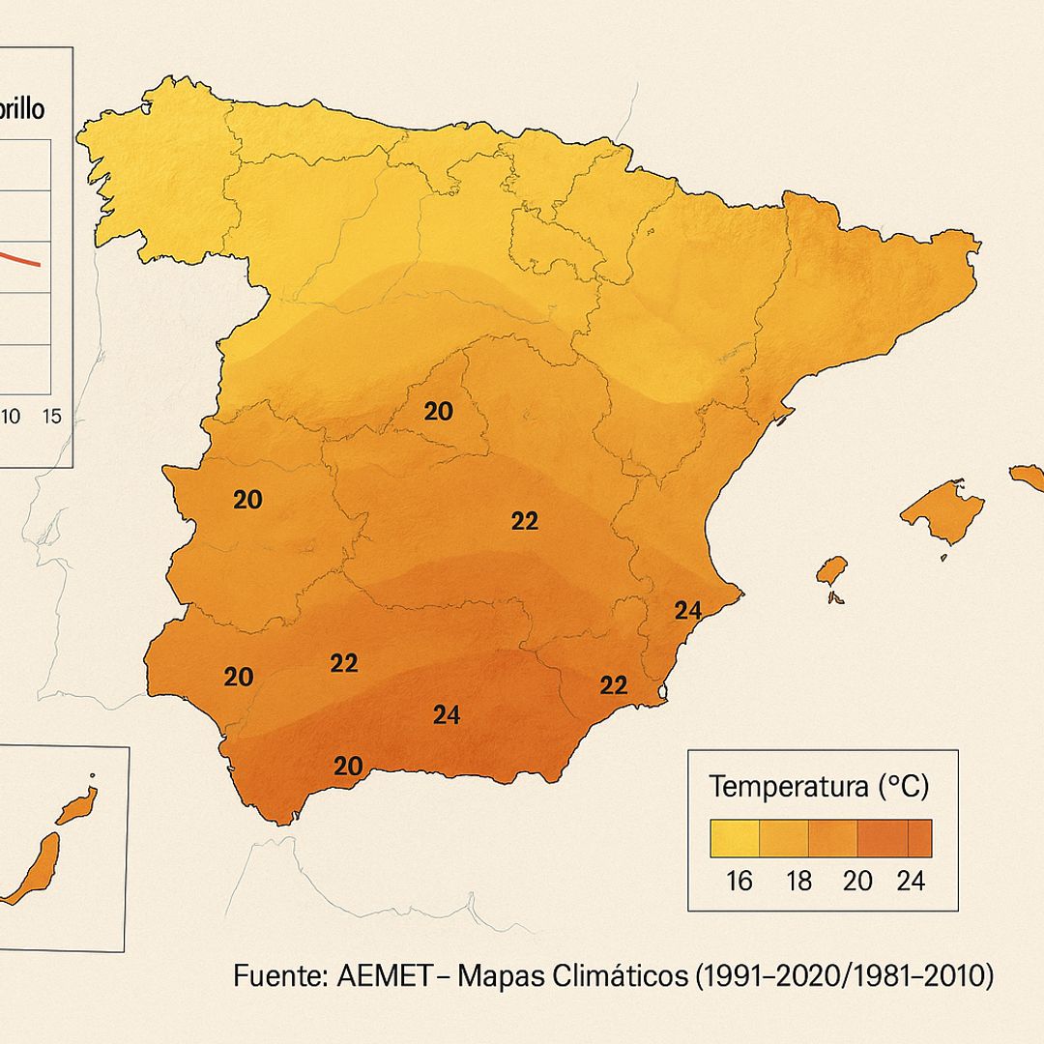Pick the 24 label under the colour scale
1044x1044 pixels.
click(x=910, y=881)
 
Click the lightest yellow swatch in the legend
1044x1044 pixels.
click(x=735, y=838)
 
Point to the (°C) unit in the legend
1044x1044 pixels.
click(x=903, y=787)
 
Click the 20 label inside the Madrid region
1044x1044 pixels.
click(x=438, y=412)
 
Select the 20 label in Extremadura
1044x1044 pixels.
click(x=247, y=500)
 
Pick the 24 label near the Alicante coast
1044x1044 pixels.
click(x=687, y=610)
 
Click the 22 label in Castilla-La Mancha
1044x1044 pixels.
click(x=524, y=521)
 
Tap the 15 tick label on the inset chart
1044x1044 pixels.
click(x=52, y=417)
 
